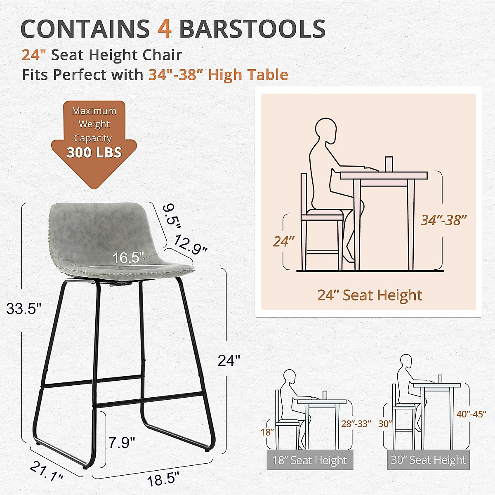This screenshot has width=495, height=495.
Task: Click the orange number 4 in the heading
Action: pyautogui.click(x=165, y=29)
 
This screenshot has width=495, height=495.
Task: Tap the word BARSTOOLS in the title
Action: pyautogui.click(x=252, y=29)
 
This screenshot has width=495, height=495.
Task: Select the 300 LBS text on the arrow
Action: pyautogui.click(x=94, y=153)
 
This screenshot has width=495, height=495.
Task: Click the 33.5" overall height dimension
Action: pyautogui.click(x=24, y=309)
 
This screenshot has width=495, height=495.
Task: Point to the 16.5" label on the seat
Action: pyautogui.click(x=128, y=258)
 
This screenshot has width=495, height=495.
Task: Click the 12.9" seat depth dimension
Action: pyautogui.click(x=190, y=244)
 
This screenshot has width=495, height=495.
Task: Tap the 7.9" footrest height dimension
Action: pyautogui.click(x=122, y=443)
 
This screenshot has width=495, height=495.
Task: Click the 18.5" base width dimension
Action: pyautogui.click(x=163, y=479)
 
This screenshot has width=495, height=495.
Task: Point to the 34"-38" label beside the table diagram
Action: pyautogui.click(x=443, y=220)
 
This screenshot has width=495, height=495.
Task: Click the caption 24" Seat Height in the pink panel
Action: pyautogui.click(x=370, y=295)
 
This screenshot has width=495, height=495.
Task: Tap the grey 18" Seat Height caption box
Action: pyautogui.click(x=310, y=460)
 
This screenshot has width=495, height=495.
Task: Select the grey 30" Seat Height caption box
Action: pyautogui.click(x=428, y=460)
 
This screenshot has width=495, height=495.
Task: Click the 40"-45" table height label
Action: pyautogui.click(x=471, y=414)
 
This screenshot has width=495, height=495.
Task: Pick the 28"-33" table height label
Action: pyautogui.click(x=356, y=424)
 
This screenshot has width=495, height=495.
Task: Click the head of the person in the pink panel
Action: pyautogui.click(x=326, y=130)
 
